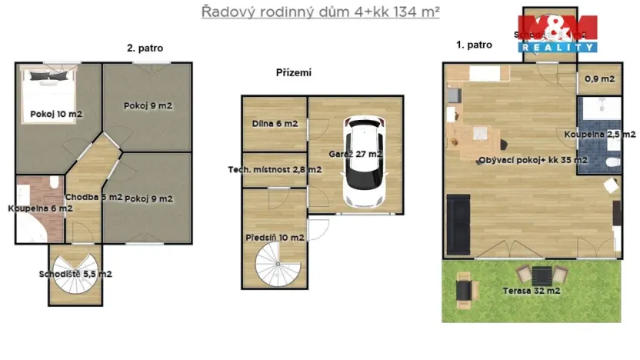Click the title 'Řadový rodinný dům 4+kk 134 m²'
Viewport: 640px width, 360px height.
tap(320, 12)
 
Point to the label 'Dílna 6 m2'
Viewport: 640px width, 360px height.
tap(275, 123)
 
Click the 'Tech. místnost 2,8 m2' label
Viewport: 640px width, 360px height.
tap(275, 170)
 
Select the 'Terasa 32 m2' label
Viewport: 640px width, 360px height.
tap(532, 291)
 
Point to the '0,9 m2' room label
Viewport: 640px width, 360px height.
tap(599, 78)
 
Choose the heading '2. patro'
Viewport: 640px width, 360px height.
tap(145, 48)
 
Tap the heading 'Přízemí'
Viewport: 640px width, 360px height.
tap(293, 73)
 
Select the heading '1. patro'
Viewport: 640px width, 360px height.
tap(474, 45)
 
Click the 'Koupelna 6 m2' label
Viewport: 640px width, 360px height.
tap(40, 208)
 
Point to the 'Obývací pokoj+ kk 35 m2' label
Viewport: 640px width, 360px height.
tap(533, 160)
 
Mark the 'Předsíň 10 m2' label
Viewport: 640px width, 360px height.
tap(275, 237)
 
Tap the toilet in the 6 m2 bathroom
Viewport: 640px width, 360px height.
tap(54, 182)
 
